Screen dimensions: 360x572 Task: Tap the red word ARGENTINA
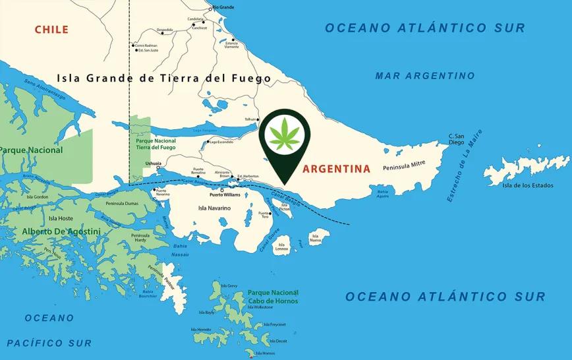coord(336,169)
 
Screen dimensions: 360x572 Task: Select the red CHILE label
coord(51,29)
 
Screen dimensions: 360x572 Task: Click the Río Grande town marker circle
coord(210,9)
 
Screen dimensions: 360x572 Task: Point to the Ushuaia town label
coord(153,162)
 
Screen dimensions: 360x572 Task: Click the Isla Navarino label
coord(214,208)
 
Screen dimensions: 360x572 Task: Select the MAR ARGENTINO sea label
coord(424,76)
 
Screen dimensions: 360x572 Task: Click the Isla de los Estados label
coord(525,185)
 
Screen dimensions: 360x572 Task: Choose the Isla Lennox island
coord(282,245)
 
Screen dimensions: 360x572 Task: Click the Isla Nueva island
coord(317,237)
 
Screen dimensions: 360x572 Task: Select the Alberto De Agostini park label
coord(61,231)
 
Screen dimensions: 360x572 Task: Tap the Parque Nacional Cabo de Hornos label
coord(273,297)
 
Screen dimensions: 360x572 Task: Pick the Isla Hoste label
coord(61,218)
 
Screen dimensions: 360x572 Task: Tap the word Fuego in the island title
coord(247,78)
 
